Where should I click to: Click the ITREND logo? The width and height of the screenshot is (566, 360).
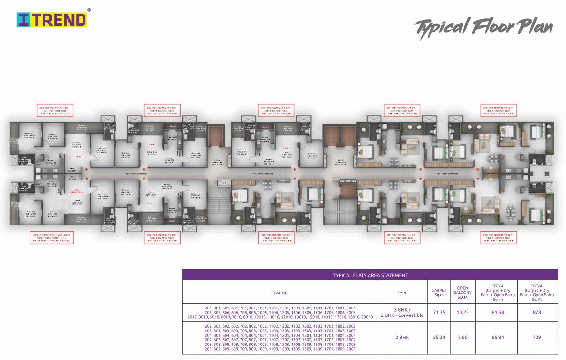click(52, 19)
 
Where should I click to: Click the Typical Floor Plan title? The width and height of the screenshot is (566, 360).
click(483, 28)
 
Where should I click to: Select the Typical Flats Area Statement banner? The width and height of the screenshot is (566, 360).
click(370, 275)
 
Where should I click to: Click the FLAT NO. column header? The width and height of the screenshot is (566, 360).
click(280, 293)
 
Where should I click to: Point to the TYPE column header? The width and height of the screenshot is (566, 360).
click(402, 293)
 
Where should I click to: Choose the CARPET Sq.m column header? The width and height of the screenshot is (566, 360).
click(439, 292)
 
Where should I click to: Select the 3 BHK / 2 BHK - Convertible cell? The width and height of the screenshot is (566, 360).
click(402, 312)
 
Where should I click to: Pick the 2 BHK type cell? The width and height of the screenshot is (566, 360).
click(402, 337)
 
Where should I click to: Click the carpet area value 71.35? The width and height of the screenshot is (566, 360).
click(439, 312)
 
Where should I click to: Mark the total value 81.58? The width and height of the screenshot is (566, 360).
click(498, 312)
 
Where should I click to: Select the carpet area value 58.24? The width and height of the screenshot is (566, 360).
click(439, 337)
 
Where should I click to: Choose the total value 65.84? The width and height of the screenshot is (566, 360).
click(498, 337)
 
